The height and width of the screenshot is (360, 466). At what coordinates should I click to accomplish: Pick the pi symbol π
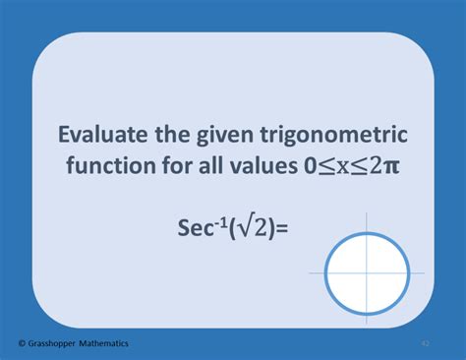coord(391,166)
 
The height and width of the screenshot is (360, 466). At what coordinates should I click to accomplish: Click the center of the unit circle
coord(367,272)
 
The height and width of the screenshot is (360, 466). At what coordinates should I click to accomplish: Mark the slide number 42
coord(425,343)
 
